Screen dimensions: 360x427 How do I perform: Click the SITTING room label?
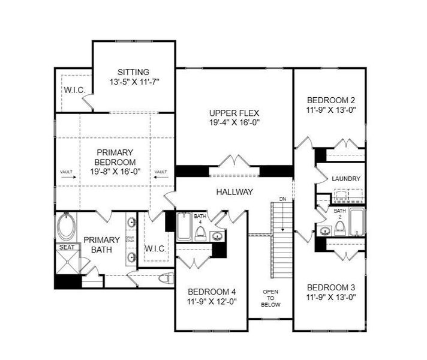[x=133, y=72]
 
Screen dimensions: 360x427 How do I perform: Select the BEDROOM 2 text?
[x=329, y=100]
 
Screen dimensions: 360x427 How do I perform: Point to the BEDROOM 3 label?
[x=329, y=287]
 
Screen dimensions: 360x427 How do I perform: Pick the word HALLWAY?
[x=234, y=192]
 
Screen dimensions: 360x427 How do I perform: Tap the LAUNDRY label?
[x=345, y=179]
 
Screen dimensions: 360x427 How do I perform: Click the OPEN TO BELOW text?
[x=270, y=298]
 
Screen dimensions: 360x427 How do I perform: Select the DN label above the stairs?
[x=282, y=199]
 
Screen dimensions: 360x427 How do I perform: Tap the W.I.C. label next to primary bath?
[x=155, y=248]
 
